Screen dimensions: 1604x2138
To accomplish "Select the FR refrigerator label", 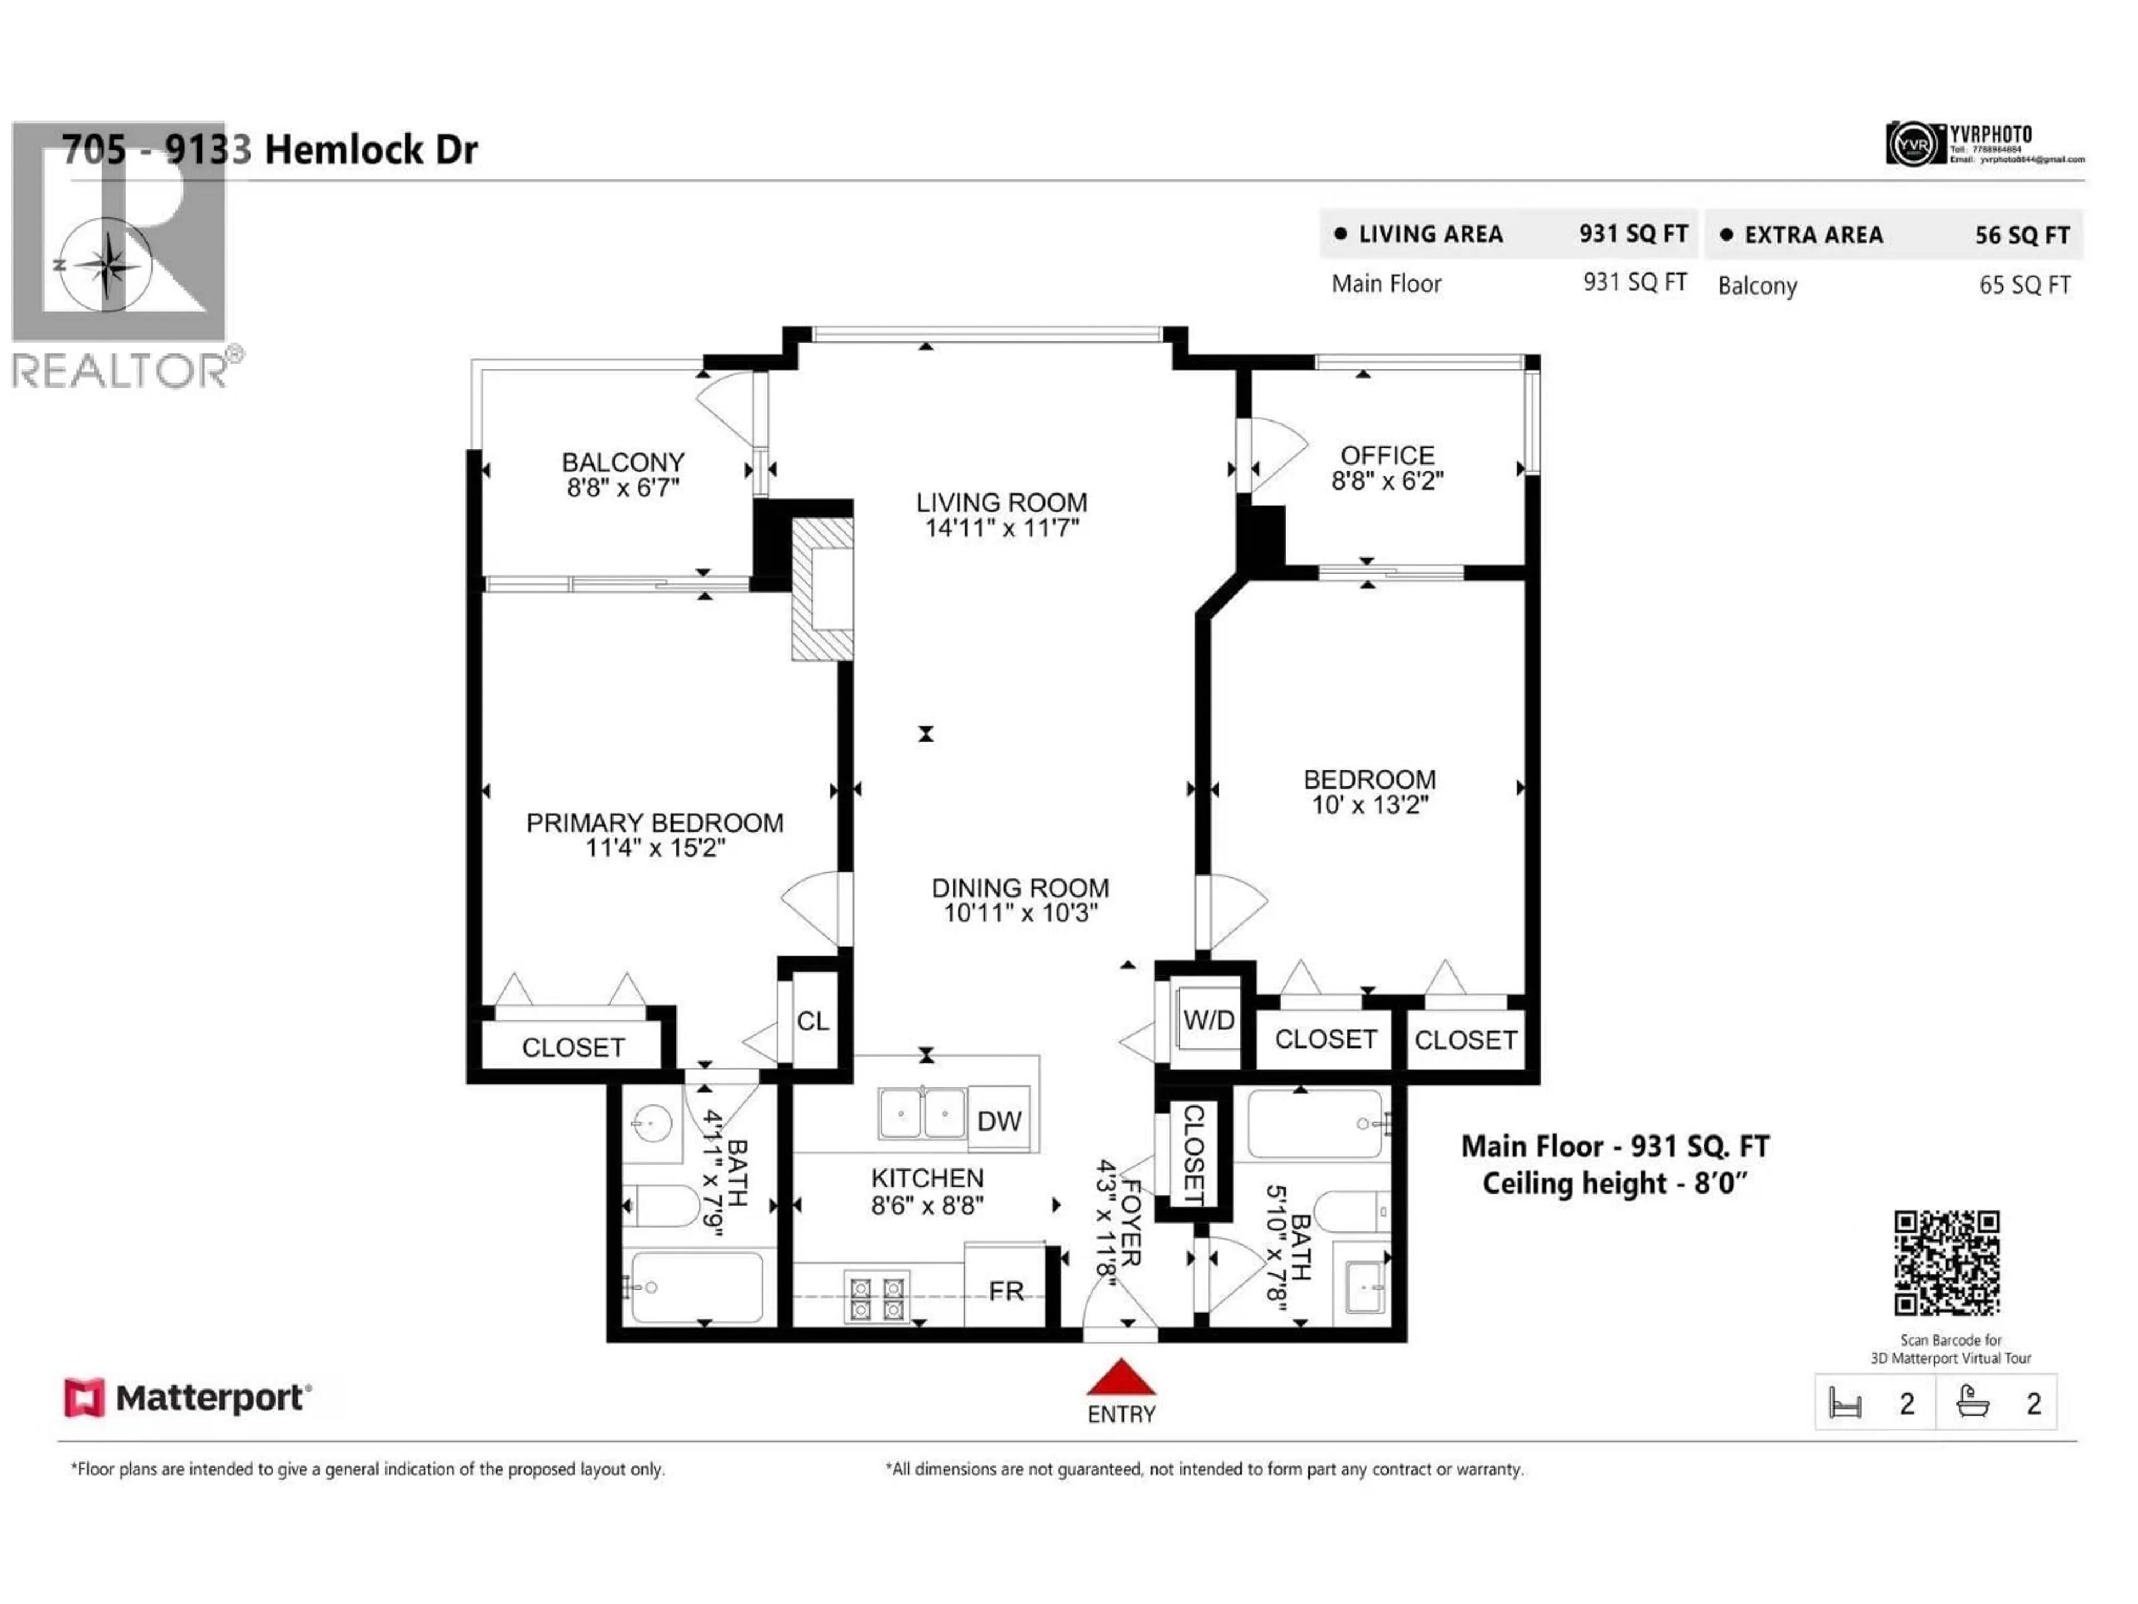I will [1005, 1291].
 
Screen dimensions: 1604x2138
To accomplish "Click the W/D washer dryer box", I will [1208, 1020].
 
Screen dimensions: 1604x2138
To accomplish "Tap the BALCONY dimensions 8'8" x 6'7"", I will [624, 488].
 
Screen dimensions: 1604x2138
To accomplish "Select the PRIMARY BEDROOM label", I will [654, 823].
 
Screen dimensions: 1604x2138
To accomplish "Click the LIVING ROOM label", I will [1001, 503].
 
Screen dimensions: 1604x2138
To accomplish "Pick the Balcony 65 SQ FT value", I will [2024, 285].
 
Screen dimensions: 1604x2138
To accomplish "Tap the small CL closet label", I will [812, 1021].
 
